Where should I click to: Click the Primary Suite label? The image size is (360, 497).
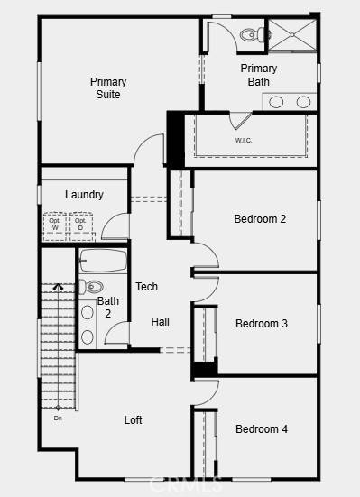[108, 87]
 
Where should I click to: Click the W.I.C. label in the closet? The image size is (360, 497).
[244, 141]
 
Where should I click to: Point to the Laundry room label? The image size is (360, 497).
[84, 195]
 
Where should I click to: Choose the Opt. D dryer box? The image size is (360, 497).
[81, 225]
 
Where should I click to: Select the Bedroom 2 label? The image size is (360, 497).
[260, 219]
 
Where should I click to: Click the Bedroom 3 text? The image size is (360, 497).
[261, 324]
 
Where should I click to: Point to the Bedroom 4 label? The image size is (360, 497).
[261, 429]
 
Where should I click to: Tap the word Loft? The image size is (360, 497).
[134, 420]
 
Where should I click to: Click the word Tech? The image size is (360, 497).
[146, 287]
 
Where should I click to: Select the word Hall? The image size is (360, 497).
[160, 322]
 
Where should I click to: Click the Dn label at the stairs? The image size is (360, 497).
[58, 418]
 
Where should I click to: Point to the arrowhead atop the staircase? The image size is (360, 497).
[57, 287]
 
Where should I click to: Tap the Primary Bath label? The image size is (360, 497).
[259, 75]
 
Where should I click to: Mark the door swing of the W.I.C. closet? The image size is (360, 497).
[241, 121]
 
